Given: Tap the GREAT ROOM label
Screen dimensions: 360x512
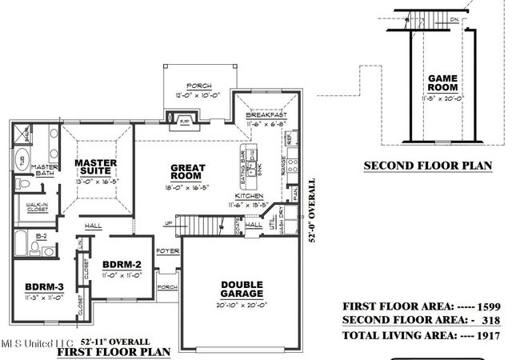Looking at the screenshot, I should pyautogui.click(x=189, y=172).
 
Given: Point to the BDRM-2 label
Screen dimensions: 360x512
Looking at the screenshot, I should pyautogui.click(x=122, y=265).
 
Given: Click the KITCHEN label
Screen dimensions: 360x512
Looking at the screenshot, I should pyautogui.click(x=249, y=195).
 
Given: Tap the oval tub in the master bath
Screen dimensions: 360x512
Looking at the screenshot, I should pyautogui.click(x=22, y=157).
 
